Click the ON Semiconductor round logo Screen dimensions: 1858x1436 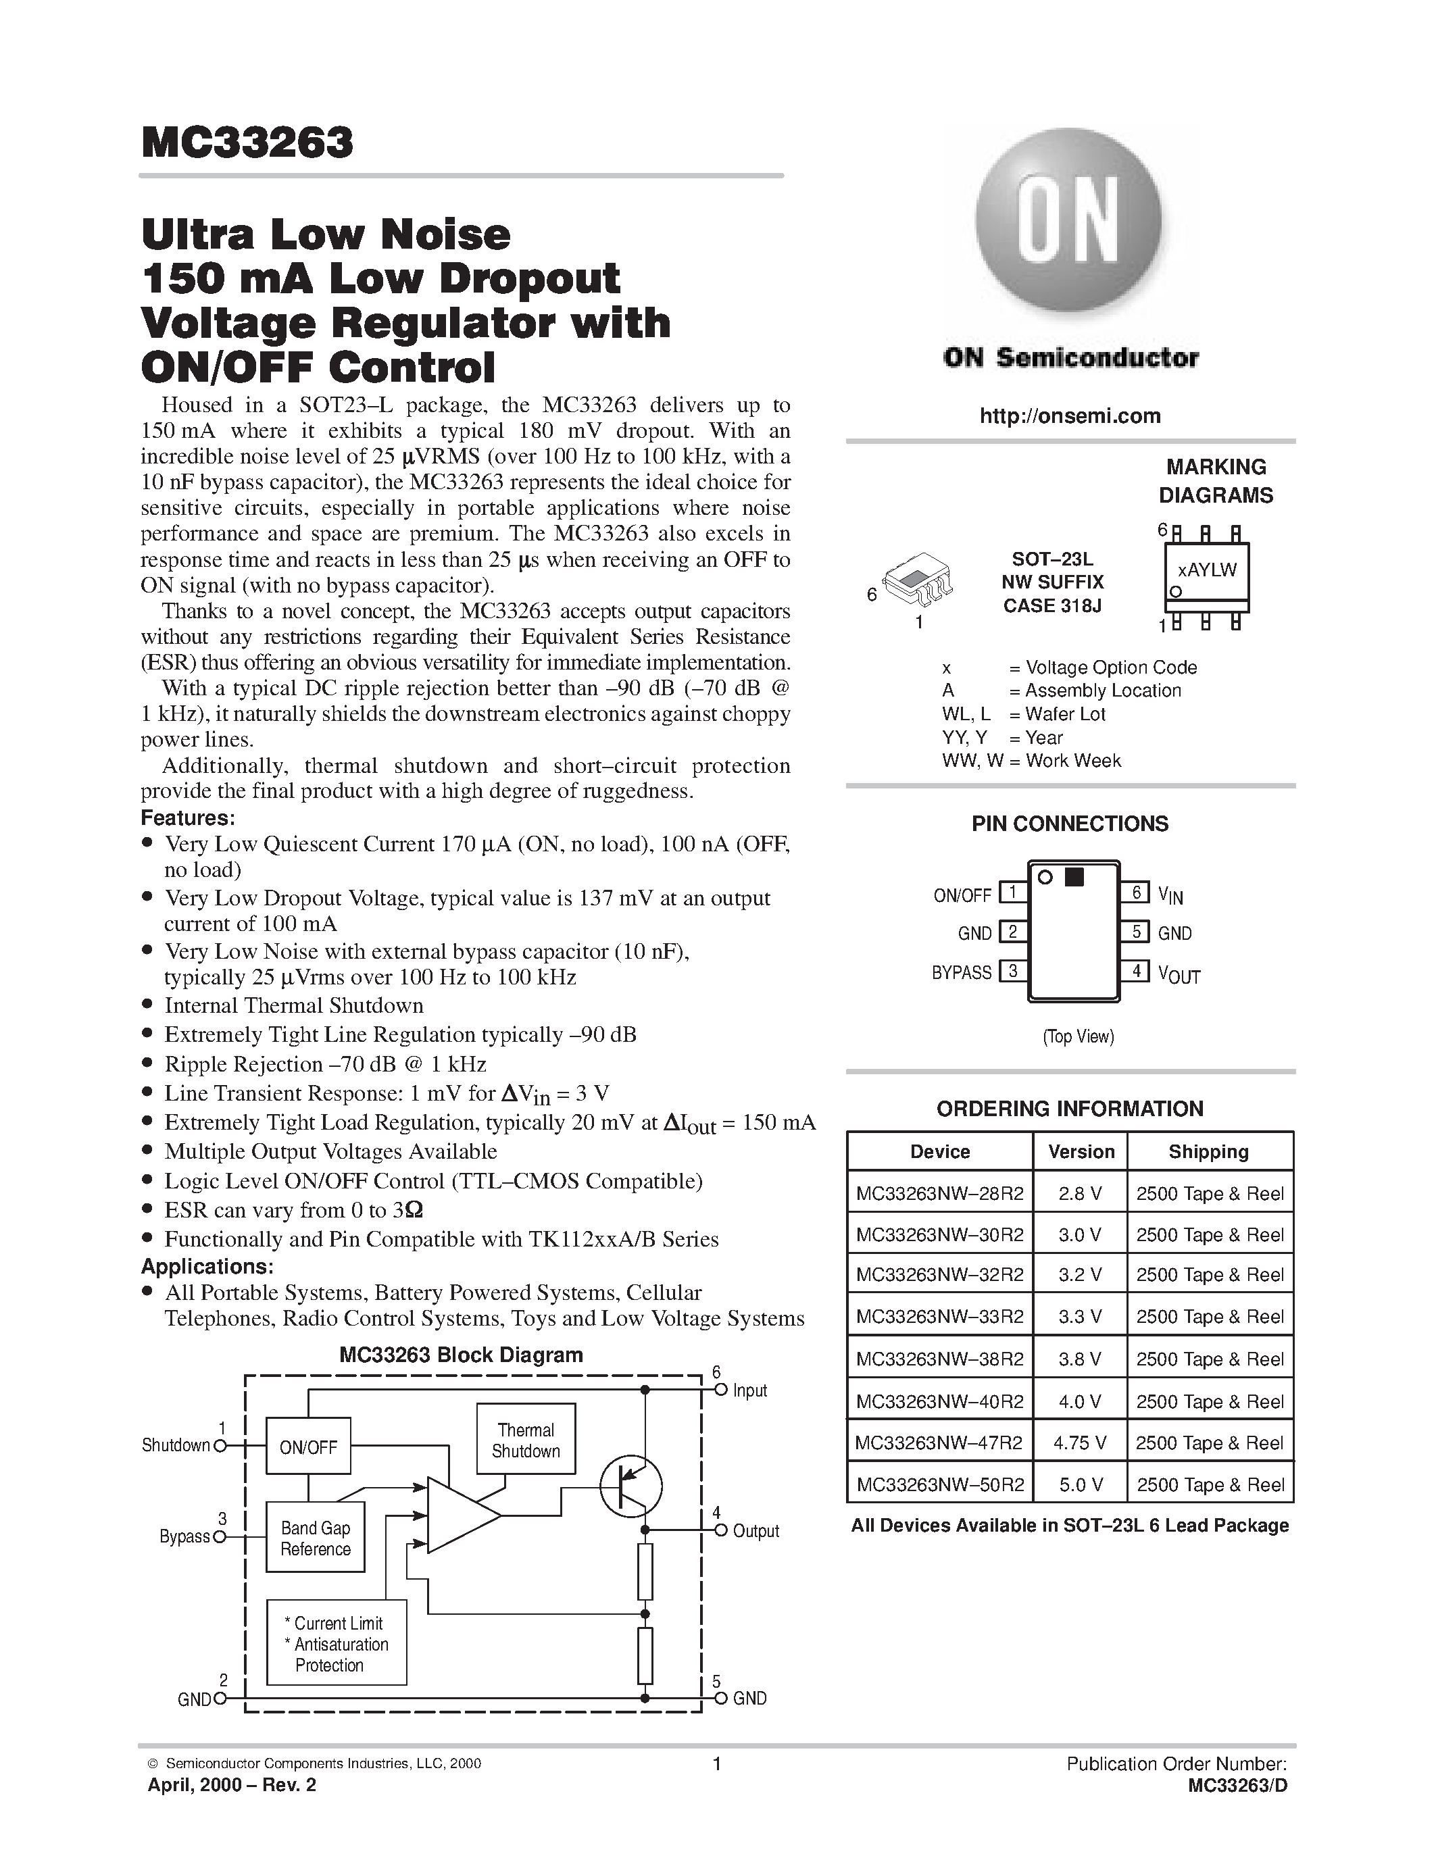point(1068,224)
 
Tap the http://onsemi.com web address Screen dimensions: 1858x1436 point(1069,416)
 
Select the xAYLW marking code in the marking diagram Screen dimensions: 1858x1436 point(1206,570)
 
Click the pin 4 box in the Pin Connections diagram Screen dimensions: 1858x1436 point(1135,971)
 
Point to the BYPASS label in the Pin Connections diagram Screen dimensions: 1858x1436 point(962,972)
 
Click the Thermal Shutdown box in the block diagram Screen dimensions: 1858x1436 point(526,1440)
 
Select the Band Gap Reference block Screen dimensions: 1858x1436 point(315,1538)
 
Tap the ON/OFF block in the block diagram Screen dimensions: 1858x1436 point(308,1447)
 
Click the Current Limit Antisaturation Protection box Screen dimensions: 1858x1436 point(337,1642)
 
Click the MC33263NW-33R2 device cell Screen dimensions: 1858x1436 point(939,1317)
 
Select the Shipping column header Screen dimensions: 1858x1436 point(1208,1152)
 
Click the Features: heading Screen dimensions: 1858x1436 point(188,818)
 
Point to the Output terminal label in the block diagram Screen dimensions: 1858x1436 point(756,1530)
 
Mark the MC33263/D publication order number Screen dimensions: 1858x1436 point(1238,1786)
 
